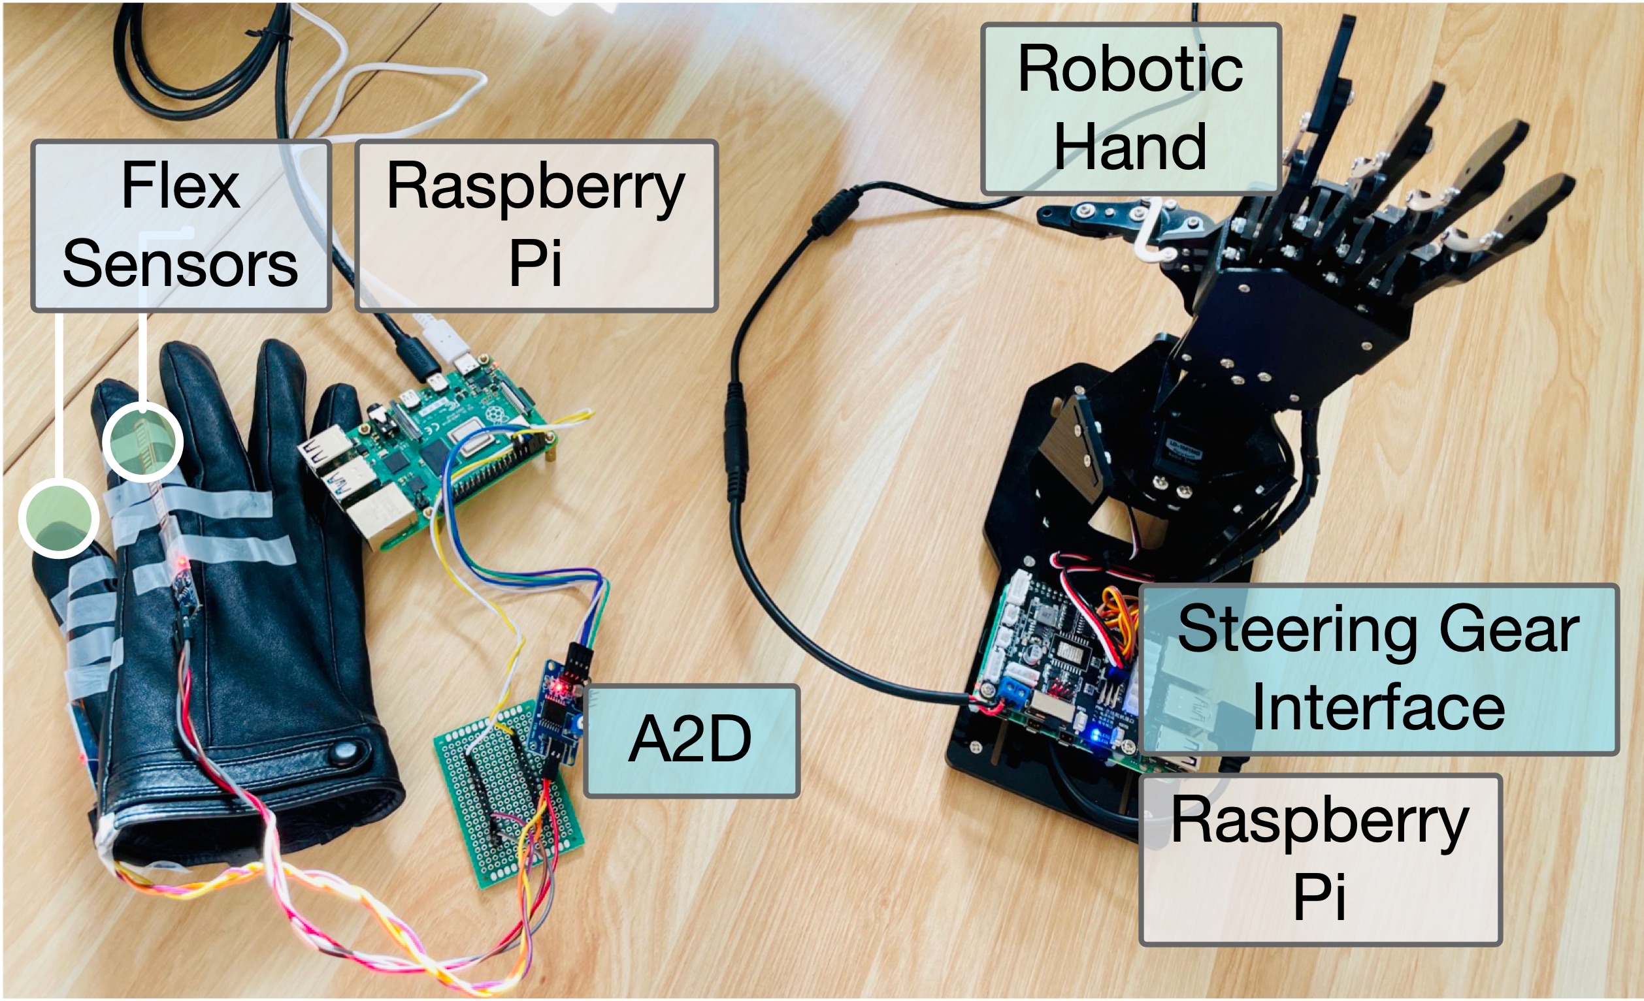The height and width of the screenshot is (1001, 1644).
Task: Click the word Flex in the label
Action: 180,186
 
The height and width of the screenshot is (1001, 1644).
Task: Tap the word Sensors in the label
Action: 180,264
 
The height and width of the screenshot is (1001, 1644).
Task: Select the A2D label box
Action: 691,740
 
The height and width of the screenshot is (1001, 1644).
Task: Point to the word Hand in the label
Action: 1130,146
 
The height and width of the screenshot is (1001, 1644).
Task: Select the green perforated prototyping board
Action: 507,793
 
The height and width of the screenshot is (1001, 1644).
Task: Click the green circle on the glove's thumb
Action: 59,518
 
